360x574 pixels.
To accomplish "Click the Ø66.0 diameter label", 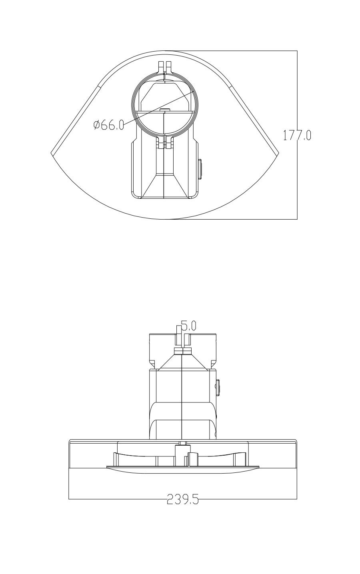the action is point(109,125).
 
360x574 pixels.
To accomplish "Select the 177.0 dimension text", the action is point(297,135).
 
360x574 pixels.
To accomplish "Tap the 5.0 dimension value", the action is point(188,326).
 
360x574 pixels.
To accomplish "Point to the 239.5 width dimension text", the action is point(183,499).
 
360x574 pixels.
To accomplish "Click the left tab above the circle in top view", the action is point(161,67).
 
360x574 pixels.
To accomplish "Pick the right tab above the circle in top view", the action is point(168,67).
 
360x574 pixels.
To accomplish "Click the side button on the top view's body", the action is point(200,169).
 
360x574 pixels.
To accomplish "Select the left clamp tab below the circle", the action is point(160,142).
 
